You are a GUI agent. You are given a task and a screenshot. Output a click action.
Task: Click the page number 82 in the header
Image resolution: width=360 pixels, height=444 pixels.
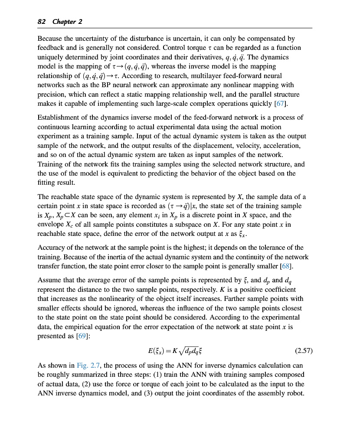pyautogui.click(x=42, y=22)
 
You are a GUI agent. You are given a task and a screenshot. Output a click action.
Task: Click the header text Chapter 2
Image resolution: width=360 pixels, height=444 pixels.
pyautogui.click(x=67, y=22)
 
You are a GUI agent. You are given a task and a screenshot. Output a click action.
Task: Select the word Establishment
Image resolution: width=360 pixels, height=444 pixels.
pyautogui.click(x=60, y=118)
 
